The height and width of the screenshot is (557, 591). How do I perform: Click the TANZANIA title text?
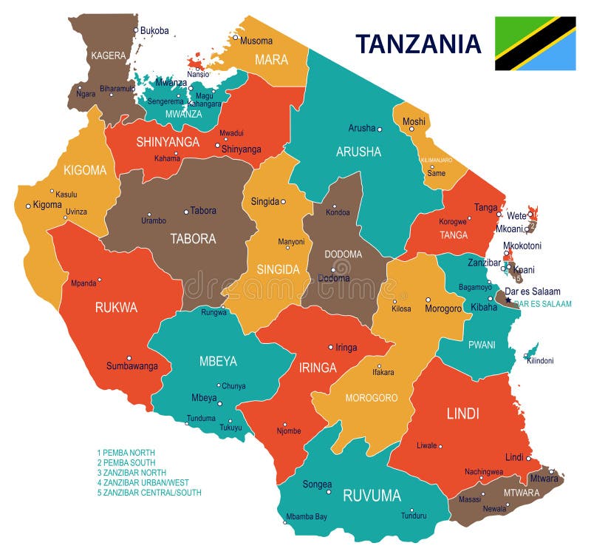click(x=418, y=44)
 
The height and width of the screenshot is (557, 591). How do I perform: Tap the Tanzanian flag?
click(x=535, y=43)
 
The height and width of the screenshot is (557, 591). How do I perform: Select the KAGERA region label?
click(x=109, y=55)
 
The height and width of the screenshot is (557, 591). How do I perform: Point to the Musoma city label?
click(x=256, y=41)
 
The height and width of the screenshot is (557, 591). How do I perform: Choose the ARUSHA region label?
click(x=358, y=152)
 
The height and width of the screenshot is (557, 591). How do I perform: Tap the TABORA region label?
click(x=193, y=239)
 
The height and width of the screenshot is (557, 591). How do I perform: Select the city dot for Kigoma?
click(x=28, y=206)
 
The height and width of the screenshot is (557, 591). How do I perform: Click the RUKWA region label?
click(x=116, y=308)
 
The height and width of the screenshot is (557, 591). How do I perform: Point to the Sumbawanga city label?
click(x=131, y=366)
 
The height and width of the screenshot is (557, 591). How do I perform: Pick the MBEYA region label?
click(x=218, y=362)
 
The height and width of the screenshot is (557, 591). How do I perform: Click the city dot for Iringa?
click(x=330, y=347)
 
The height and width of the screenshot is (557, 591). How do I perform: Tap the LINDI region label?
click(x=462, y=413)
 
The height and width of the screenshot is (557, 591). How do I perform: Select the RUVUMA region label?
click(x=372, y=495)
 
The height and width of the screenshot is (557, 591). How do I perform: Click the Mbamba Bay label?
click(x=307, y=516)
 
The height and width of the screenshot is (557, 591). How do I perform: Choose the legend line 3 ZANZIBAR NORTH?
click(x=131, y=472)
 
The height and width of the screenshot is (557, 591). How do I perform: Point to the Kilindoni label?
click(x=539, y=360)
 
